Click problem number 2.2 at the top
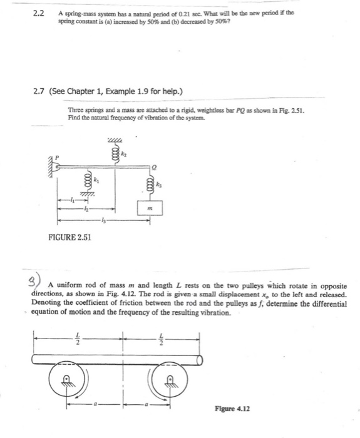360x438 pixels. [x=38, y=14]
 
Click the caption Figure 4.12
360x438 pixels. [x=233, y=409]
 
